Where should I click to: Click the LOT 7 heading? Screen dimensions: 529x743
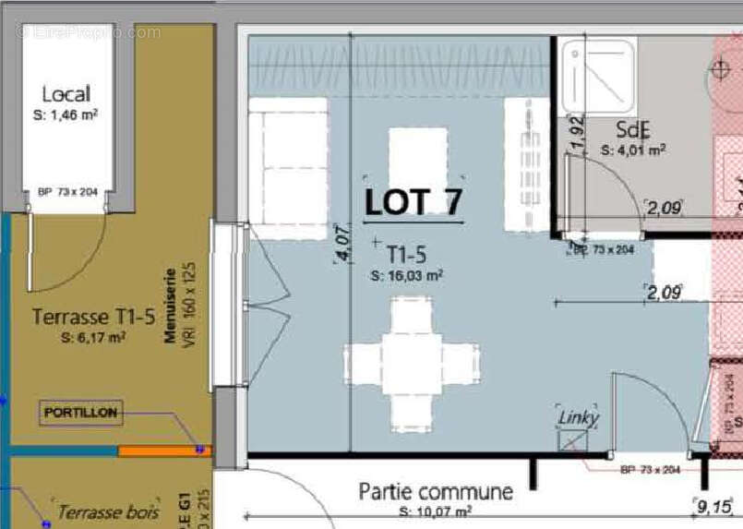coord(413,201)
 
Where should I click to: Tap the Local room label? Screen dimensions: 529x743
coord(66,93)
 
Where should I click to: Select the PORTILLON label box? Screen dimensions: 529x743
coord(81,413)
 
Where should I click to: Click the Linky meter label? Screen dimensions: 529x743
coord(578,418)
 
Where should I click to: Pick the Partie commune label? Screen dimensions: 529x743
coord(435,491)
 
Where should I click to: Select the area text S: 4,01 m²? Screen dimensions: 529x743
coord(633,149)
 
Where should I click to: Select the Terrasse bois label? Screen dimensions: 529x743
coord(108,511)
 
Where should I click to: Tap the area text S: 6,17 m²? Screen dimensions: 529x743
coord(93,338)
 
